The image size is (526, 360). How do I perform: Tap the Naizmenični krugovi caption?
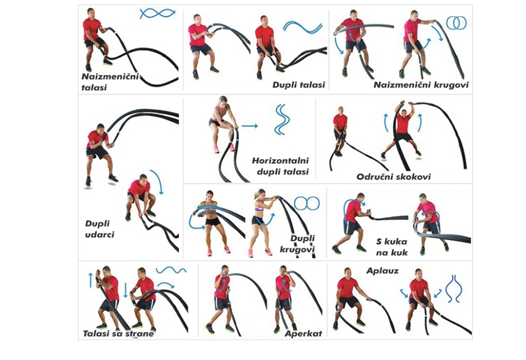(x=421, y=84)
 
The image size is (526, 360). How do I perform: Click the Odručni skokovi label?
(x=393, y=176)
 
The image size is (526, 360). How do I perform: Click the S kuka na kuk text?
(x=392, y=246)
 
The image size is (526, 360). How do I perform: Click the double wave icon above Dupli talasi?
(x=302, y=26)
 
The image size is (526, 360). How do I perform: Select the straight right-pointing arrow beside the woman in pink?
(x=249, y=125)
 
